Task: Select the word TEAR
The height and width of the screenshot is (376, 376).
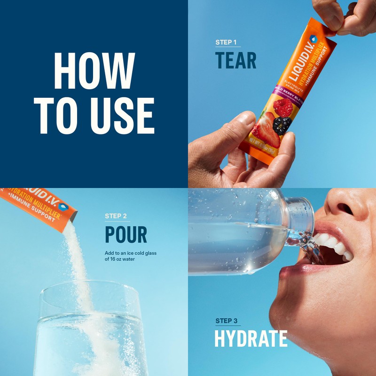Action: tap(235, 61)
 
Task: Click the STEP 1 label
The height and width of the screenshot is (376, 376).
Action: tap(226, 42)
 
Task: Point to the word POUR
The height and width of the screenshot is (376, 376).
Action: tap(125, 235)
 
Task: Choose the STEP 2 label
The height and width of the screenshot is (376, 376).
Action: tap(116, 216)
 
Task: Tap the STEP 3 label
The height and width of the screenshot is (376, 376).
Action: tap(226, 321)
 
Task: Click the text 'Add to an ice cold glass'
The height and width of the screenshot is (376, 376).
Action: tap(130, 253)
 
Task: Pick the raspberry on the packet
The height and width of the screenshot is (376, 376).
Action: tap(283, 108)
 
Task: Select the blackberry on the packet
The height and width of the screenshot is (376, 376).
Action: tap(282, 125)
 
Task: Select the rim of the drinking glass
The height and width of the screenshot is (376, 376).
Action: tap(89, 288)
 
